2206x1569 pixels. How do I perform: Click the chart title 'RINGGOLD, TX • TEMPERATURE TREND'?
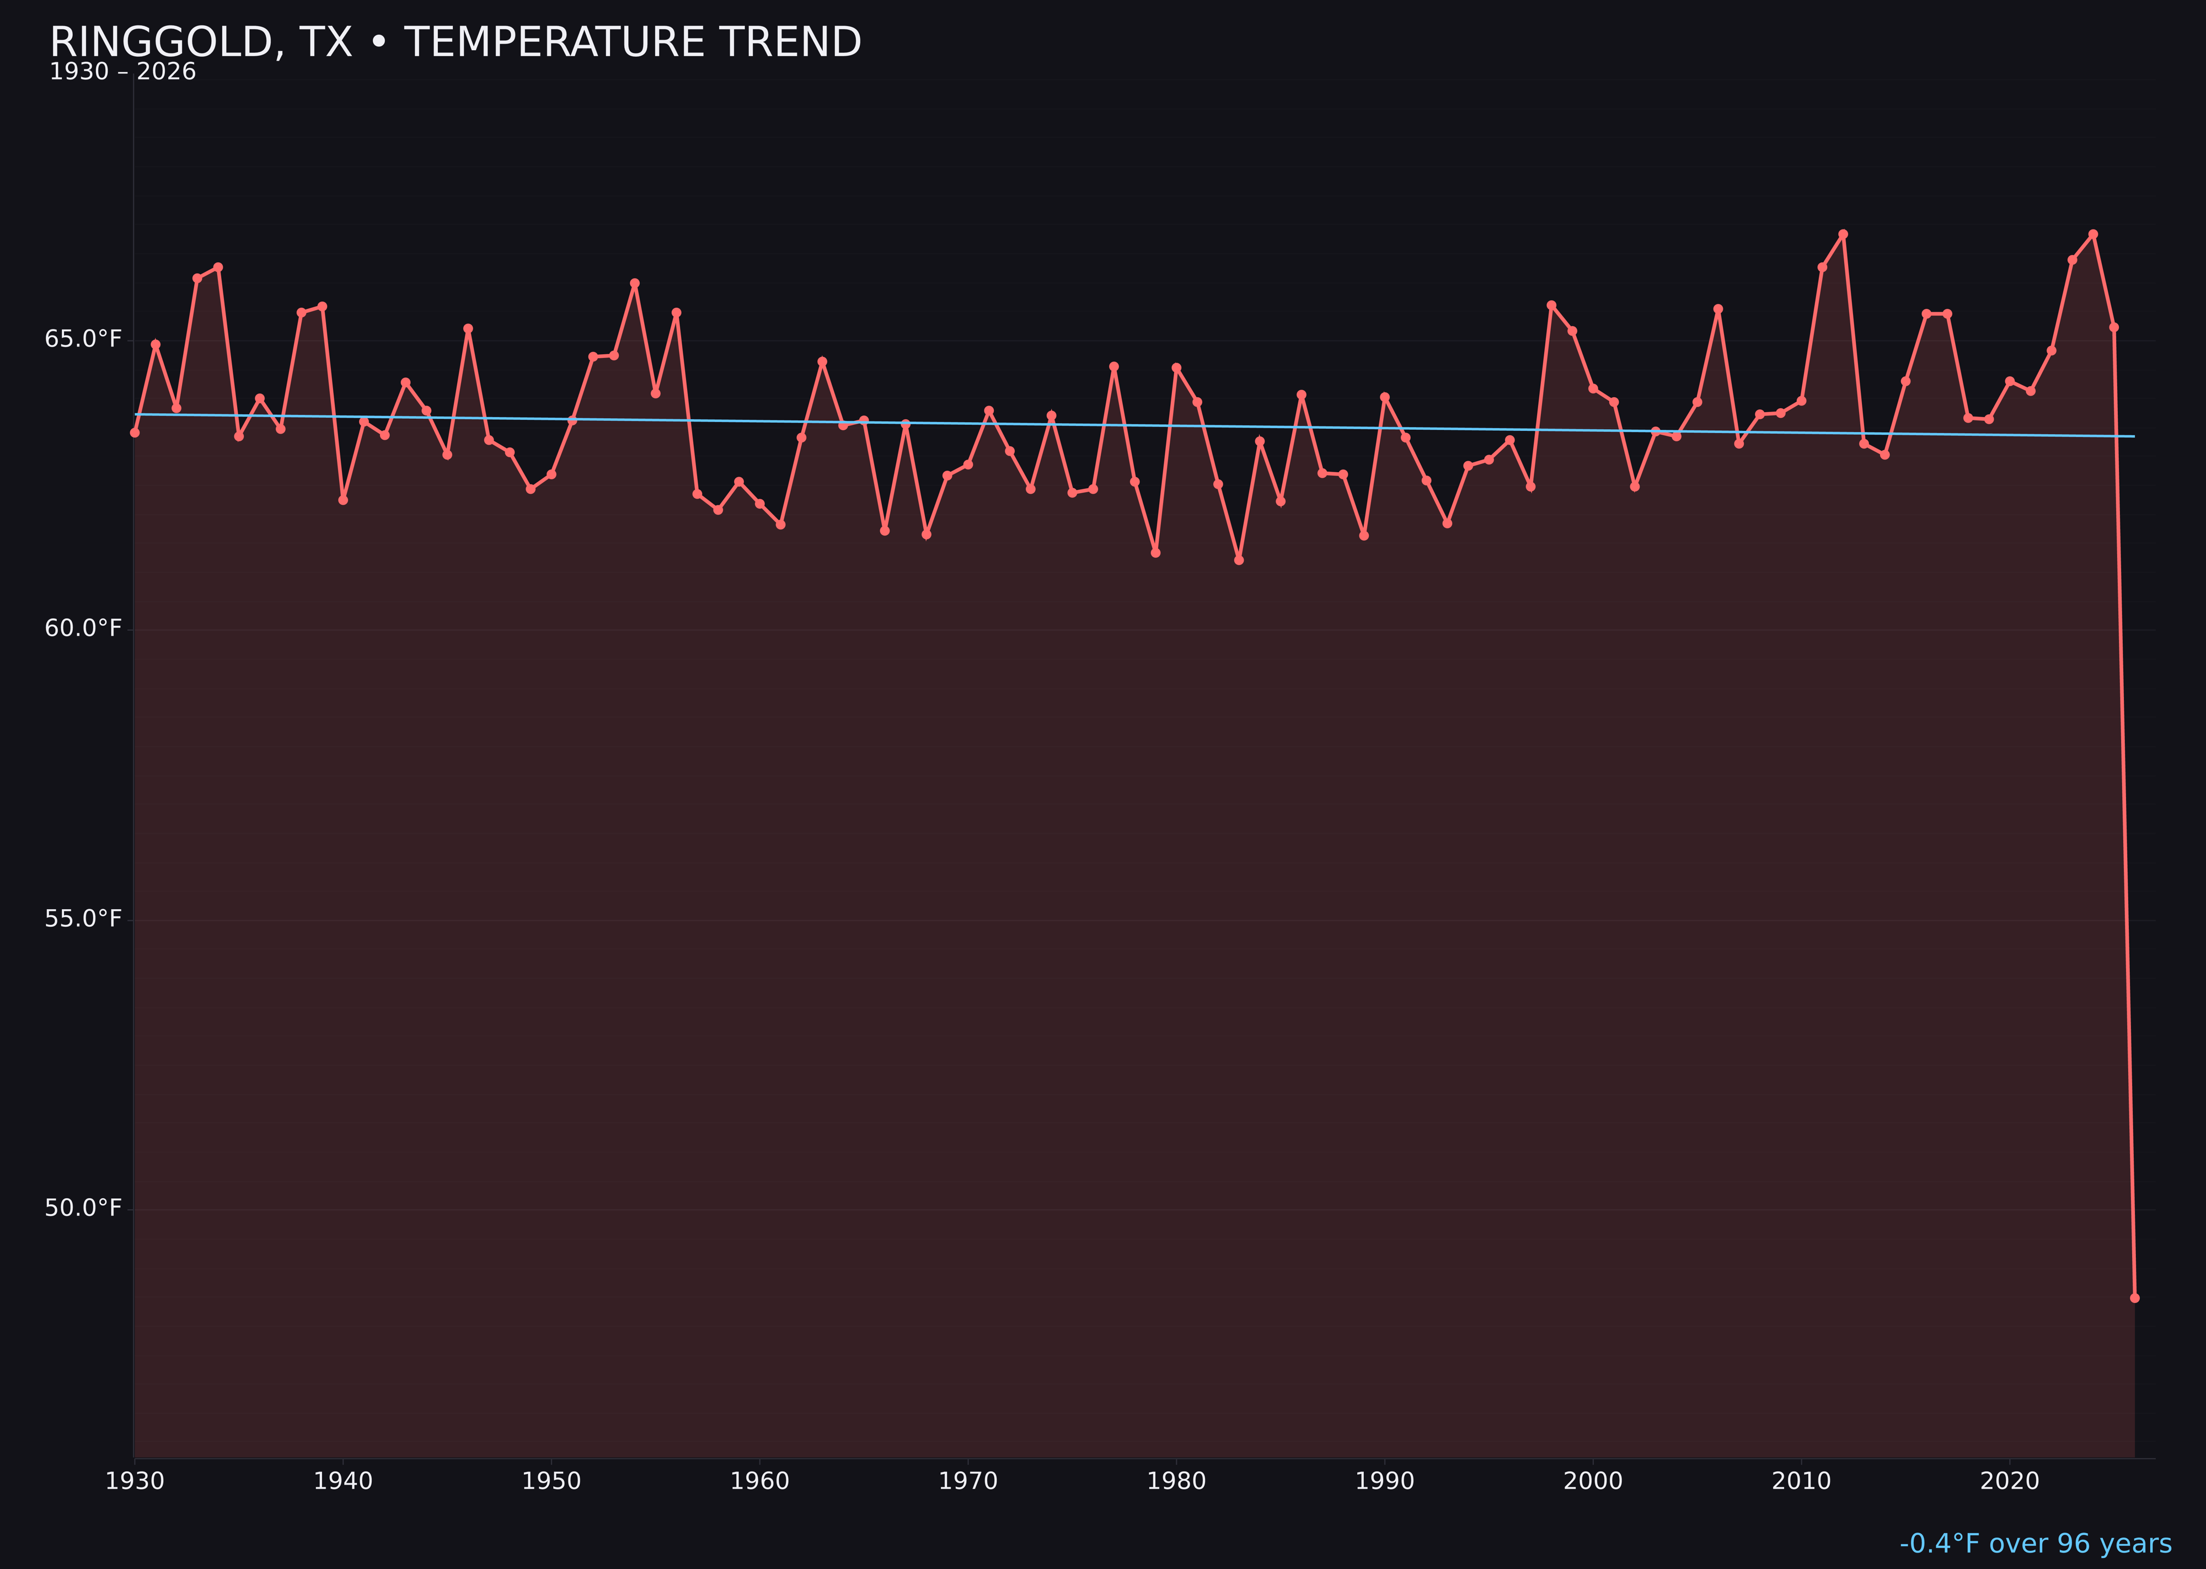click(455, 42)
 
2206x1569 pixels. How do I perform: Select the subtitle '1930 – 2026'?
click(122, 72)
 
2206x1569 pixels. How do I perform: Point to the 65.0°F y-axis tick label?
click(83, 339)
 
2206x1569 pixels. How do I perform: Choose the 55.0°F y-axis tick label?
click(83, 919)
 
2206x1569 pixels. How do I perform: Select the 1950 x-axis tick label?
click(551, 1481)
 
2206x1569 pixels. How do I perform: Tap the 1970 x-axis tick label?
click(968, 1481)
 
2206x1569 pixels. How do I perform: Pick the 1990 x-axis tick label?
click(1385, 1481)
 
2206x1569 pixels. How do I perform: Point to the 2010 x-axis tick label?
click(1801, 1481)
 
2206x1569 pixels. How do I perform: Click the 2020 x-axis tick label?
click(2010, 1481)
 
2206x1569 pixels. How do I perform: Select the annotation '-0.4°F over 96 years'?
click(2035, 1544)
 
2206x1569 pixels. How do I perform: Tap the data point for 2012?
click(1843, 234)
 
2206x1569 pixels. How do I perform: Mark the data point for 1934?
click(218, 268)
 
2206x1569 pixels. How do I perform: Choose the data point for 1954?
click(635, 283)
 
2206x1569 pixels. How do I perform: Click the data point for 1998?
click(1551, 305)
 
